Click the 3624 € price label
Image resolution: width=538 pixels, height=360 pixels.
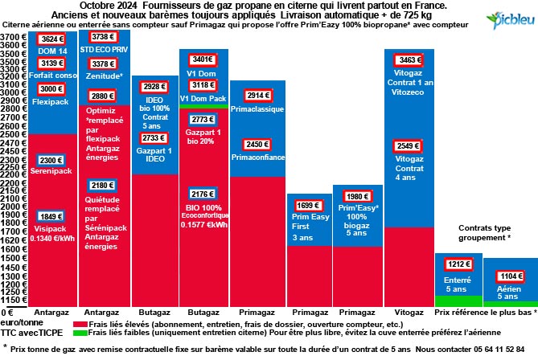[x=51, y=39]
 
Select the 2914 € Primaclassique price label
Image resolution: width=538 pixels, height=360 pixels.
[x=257, y=96]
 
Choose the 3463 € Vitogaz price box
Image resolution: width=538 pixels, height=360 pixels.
[x=409, y=59]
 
